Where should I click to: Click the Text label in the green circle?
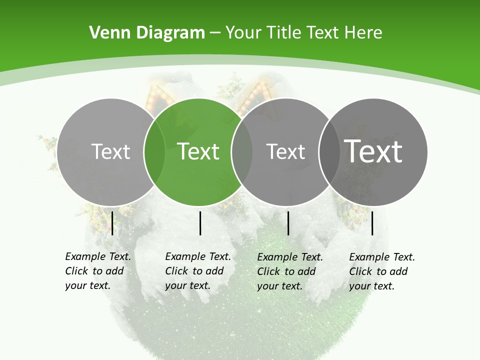coord(198,151)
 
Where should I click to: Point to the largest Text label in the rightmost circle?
coord(373,151)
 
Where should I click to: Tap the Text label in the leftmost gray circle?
coord(110,151)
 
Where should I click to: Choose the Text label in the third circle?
coord(285,151)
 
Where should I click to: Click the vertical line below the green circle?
coord(200,223)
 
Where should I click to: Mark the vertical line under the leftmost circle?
coord(112,223)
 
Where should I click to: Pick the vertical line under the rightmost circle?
coord(372,223)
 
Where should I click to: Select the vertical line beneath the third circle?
coord(288,223)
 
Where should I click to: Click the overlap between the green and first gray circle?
coord(154,151)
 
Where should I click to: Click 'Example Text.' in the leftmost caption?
coord(98,256)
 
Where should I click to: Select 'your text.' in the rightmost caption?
coord(371,286)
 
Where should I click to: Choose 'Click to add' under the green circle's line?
coord(194,271)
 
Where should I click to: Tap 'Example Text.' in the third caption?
coord(290,257)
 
